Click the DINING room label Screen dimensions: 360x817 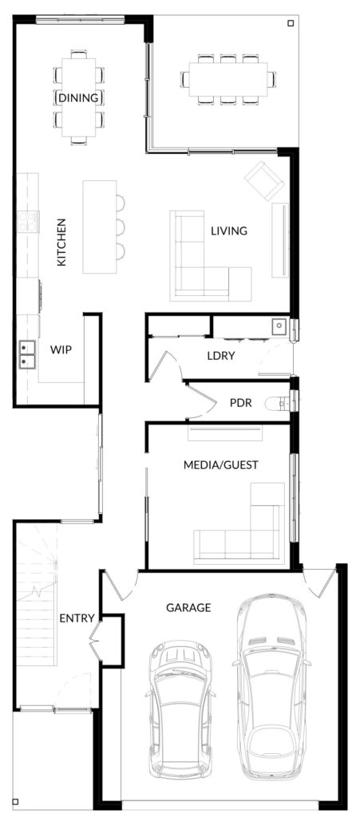tap(78, 98)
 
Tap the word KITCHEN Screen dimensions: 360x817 tap(61, 243)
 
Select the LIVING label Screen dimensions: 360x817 tap(229, 231)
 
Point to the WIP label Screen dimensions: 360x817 tap(61, 349)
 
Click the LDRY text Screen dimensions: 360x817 tap(221, 357)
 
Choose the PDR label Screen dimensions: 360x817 tap(241, 403)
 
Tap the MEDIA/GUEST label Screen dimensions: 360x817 tap(221, 465)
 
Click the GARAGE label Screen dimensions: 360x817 tap(188, 607)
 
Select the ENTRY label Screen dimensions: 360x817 tap(77, 618)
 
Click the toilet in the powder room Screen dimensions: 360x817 tap(279, 402)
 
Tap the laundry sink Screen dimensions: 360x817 tap(279, 326)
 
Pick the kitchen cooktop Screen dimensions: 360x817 tap(28, 221)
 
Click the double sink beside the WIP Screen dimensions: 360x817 tap(27, 354)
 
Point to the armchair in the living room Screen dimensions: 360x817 tap(264, 181)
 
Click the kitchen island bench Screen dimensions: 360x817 tap(100, 227)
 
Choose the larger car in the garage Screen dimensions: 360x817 tap(271, 689)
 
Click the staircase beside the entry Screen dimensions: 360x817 tap(36, 594)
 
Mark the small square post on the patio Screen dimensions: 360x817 tap(291, 23)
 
